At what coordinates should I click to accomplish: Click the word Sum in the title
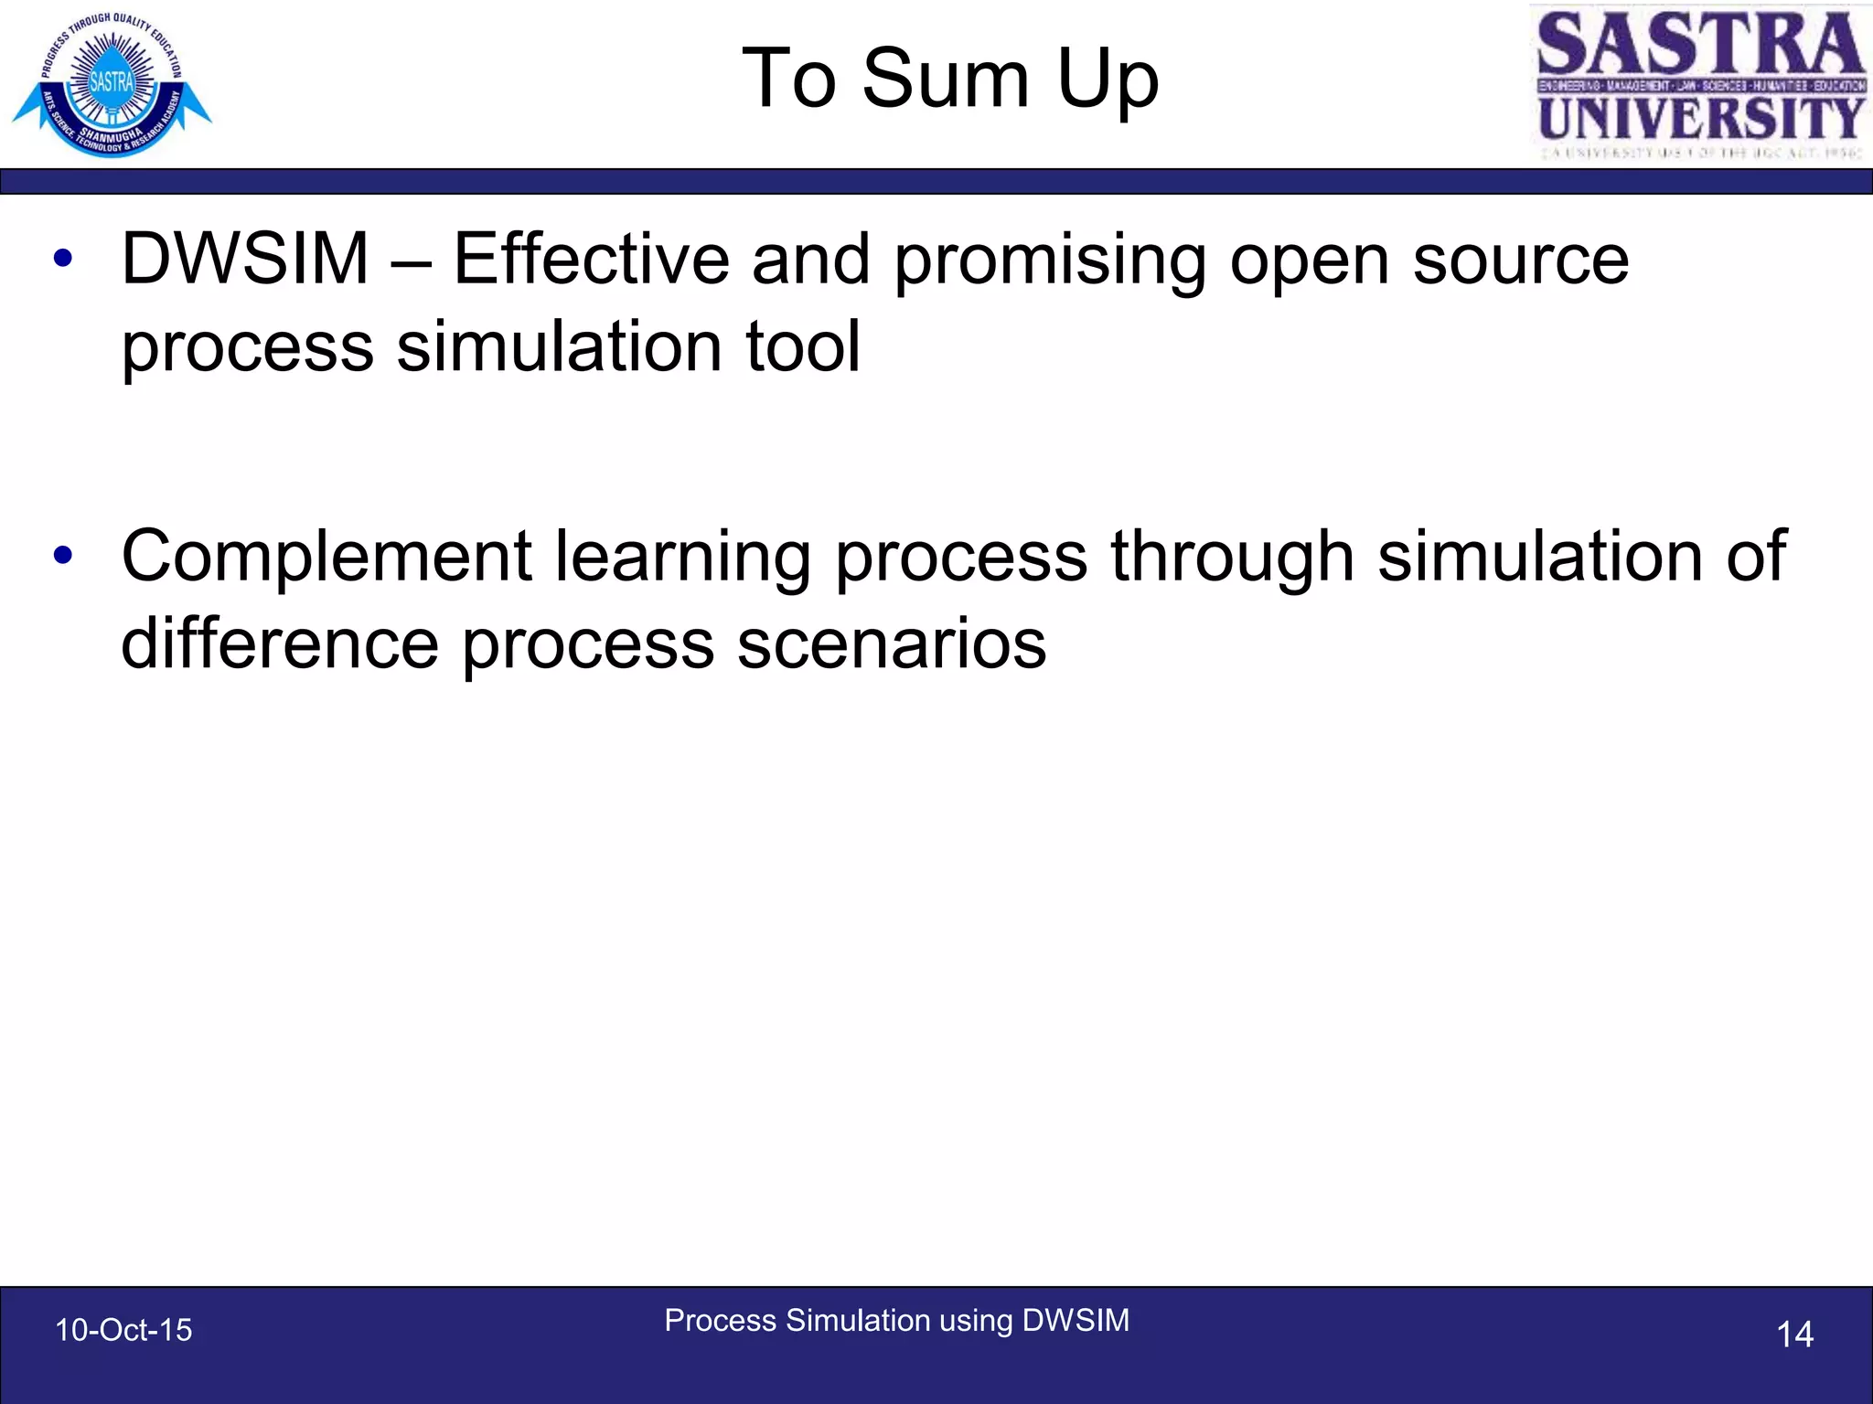tap(946, 79)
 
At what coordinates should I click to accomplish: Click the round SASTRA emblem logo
tap(112, 84)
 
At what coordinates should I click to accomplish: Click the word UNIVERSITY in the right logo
tap(1700, 119)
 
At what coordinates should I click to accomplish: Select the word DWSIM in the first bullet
tap(245, 260)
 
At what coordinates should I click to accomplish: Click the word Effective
tap(591, 260)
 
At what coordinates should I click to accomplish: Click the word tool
tap(803, 346)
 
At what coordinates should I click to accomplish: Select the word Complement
tap(326, 558)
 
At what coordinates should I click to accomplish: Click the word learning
tap(682, 558)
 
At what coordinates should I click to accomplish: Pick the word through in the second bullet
tap(1231, 558)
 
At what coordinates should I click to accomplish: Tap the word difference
tap(280, 643)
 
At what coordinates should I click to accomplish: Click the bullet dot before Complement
tap(62, 556)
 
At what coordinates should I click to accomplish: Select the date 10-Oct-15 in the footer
tap(123, 1330)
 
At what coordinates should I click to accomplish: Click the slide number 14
tap(1794, 1335)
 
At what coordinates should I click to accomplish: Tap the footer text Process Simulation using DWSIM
tap(896, 1321)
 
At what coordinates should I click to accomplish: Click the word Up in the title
tap(1108, 80)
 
